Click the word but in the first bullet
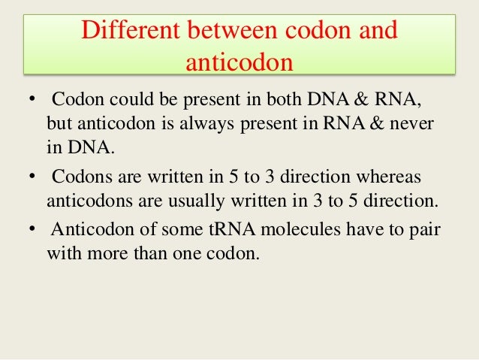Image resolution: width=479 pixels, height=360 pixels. tap(58, 123)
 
